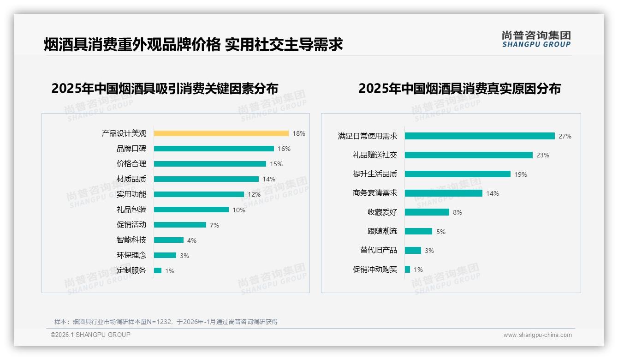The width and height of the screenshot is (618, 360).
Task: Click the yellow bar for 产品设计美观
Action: coord(221,133)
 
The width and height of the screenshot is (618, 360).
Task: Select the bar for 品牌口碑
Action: coord(214,149)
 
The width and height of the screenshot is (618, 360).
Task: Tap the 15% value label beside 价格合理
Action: coord(276,164)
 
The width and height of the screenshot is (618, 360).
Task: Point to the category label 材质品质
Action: coord(131,179)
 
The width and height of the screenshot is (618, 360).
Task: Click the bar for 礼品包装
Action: coord(191,210)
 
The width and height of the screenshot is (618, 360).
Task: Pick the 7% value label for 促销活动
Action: coord(214,225)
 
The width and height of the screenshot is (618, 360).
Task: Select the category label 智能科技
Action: coord(131,240)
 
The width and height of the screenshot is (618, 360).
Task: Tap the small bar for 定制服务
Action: coord(158,270)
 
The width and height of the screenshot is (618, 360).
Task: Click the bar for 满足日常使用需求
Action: coord(480,136)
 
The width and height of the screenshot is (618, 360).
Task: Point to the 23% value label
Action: coord(542,155)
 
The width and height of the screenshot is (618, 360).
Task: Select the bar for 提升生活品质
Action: coord(458,174)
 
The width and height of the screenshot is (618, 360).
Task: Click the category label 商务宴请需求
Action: coord(374,193)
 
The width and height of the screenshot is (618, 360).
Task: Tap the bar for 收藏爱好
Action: coord(427,212)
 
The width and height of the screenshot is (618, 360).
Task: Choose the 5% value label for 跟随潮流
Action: coord(440,232)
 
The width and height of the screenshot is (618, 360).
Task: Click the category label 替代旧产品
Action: coord(378,250)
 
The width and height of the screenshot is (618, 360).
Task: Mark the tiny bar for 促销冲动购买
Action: coord(407,269)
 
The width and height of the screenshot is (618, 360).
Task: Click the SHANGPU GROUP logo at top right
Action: coord(536,39)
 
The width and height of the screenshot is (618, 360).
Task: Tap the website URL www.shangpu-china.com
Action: coord(537,335)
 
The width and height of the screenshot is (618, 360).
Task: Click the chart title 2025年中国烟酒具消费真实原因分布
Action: coord(459,89)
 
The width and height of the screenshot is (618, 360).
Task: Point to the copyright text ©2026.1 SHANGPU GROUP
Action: coord(90,335)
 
